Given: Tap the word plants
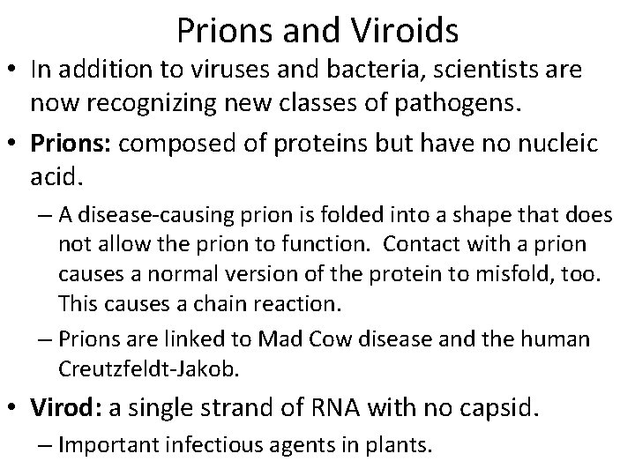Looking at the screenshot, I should point(400,444).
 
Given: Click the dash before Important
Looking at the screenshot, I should point(43,444).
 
